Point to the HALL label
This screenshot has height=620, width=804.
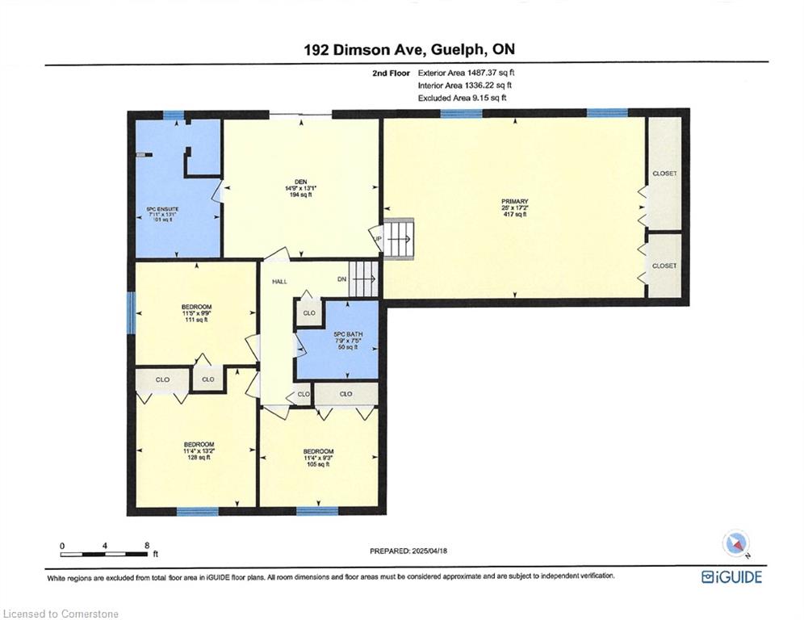pos(278,282)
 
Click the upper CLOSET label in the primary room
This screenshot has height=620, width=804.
pos(664,174)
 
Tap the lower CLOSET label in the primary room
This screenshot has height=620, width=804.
pos(664,266)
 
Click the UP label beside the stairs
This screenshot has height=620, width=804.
pos(377,239)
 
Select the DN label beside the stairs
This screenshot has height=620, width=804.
pos(342,280)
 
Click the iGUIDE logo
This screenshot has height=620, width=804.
pos(731,576)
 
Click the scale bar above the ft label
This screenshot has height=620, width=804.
pos(104,553)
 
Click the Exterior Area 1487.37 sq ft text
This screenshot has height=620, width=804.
pos(464,73)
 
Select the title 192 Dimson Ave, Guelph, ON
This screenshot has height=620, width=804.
pos(409,50)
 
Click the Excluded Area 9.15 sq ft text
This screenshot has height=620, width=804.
pos(461,98)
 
